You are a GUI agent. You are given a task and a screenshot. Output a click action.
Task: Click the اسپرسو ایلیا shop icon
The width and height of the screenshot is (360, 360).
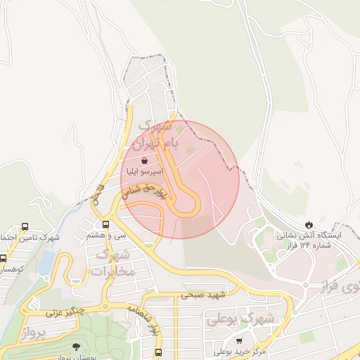click(x=144, y=161)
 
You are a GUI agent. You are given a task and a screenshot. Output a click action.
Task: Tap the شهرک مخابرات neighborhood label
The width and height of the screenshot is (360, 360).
click(x=110, y=262)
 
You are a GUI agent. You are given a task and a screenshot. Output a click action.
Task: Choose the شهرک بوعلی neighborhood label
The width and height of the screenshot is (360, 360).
click(x=236, y=319)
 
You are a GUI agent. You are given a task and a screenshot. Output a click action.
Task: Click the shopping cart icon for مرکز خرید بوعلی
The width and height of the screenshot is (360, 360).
click(x=239, y=340)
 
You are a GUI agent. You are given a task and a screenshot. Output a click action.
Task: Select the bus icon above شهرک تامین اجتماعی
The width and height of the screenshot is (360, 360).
click(x=25, y=226)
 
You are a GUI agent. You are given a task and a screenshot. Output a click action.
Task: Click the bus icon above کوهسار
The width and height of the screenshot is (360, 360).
click(x=4, y=258)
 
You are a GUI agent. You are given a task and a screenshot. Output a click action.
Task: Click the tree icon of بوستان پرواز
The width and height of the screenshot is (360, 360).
click(x=75, y=346)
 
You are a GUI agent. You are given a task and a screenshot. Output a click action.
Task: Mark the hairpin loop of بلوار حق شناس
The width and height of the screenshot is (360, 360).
click(x=188, y=203)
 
